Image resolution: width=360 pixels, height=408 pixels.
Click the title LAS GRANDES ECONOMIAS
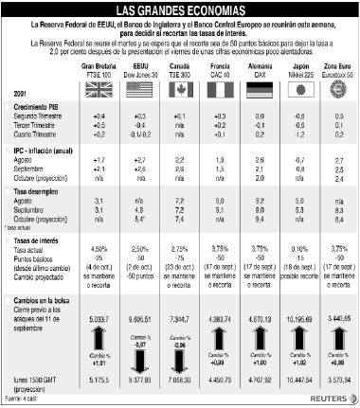point(179,9)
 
